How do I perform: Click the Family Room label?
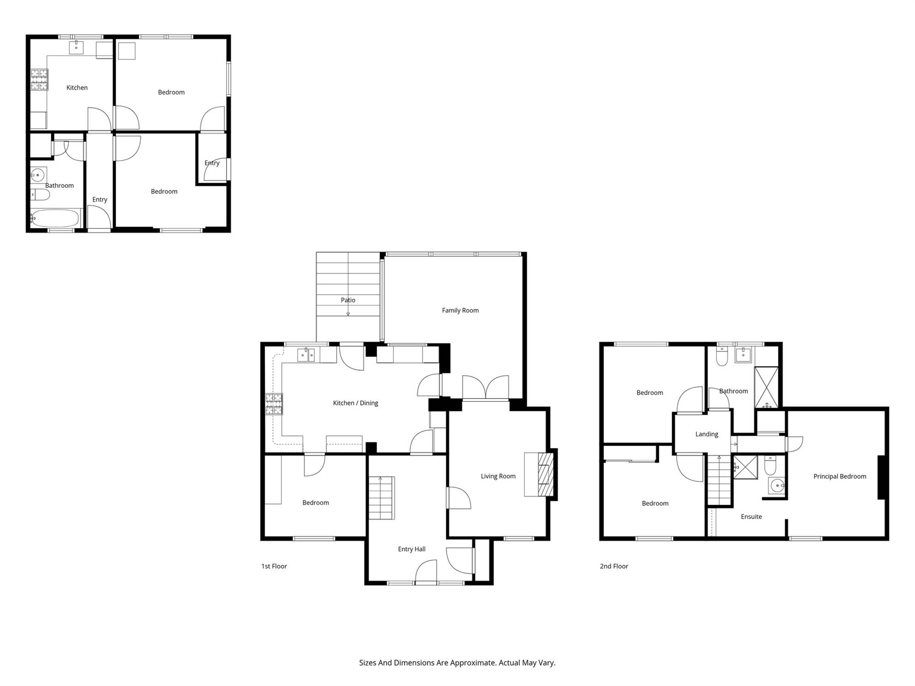[x=460, y=310]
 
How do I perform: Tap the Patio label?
[x=348, y=300]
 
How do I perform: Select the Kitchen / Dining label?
[x=355, y=403]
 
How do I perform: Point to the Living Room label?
[x=498, y=476]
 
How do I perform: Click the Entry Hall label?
[x=412, y=549]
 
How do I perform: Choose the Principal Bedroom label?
[x=840, y=476]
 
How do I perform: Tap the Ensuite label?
[x=751, y=516]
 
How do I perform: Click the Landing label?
[x=707, y=434]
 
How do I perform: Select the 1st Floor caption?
[x=274, y=566]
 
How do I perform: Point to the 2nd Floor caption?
[x=614, y=566]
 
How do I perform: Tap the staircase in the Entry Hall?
[x=382, y=498]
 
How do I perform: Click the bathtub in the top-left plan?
[x=55, y=218]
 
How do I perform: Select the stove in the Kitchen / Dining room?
[x=274, y=404]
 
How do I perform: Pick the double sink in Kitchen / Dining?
[x=306, y=355]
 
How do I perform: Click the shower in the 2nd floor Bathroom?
[x=766, y=387]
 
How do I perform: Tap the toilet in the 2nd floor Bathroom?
[x=722, y=356]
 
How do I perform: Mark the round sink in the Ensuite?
[x=777, y=486]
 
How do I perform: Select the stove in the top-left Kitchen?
[x=39, y=80]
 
